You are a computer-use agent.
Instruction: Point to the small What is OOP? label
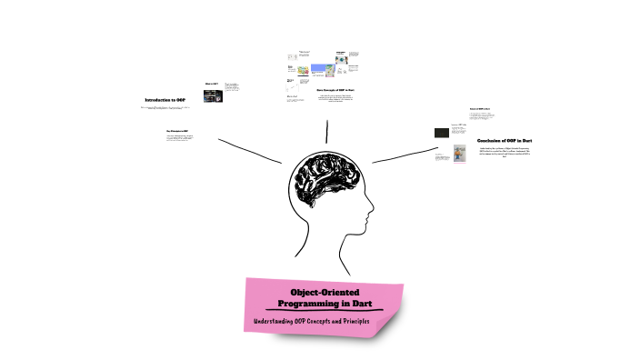[210, 83]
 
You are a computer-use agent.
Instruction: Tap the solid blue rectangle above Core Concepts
[325, 69]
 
